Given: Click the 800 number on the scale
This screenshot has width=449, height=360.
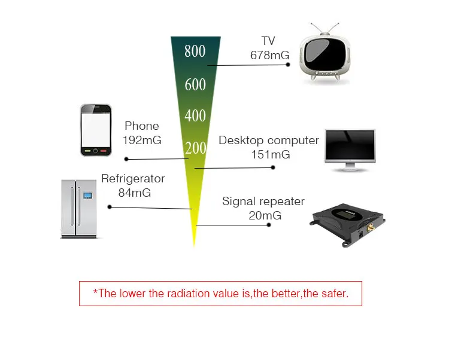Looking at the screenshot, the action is [x=195, y=51].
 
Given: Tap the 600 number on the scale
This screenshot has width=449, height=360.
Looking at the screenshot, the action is [x=195, y=85].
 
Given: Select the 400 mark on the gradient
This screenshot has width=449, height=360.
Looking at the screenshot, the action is [x=195, y=116].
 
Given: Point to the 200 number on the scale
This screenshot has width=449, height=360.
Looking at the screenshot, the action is [x=196, y=148].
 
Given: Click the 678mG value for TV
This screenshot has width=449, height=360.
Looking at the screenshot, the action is [x=270, y=55].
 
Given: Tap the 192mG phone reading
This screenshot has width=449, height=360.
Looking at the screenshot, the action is [x=142, y=140].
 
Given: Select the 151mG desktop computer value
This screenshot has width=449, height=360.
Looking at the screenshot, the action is [x=271, y=154].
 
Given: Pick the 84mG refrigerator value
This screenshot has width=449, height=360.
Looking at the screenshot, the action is [x=135, y=193].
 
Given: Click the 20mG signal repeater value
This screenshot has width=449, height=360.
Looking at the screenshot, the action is [x=265, y=215].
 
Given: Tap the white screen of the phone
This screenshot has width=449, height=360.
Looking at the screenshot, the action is [x=96, y=130].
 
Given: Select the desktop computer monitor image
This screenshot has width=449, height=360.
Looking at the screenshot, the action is [x=350, y=151].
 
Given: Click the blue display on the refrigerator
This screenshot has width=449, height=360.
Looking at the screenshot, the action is [x=87, y=196].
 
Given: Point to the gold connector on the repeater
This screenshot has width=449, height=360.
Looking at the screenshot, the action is [x=370, y=228].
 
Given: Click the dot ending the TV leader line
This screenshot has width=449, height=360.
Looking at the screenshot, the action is [x=288, y=65].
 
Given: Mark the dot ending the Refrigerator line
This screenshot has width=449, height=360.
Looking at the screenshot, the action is [x=110, y=207].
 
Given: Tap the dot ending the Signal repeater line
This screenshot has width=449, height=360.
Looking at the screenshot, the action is [x=269, y=225].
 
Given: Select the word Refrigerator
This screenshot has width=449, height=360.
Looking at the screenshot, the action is [x=133, y=179].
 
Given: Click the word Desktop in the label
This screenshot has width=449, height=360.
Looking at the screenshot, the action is [x=241, y=141].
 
